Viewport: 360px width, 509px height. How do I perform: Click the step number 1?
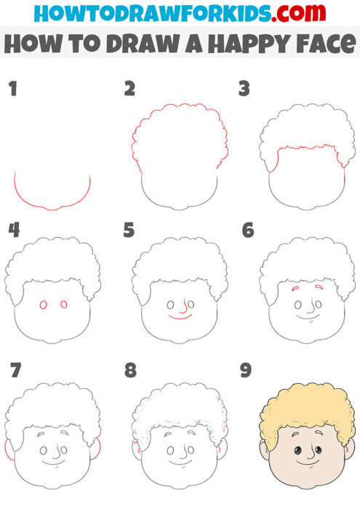coord(12,89)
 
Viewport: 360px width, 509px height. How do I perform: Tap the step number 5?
coord(129,231)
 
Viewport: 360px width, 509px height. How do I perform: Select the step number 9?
coord(246,370)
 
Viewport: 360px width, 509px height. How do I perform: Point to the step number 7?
coord(15,370)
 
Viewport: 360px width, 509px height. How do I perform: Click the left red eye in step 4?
coord(43,305)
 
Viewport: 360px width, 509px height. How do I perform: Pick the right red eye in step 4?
coord(63,305)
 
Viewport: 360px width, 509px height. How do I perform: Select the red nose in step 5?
coord(185,304)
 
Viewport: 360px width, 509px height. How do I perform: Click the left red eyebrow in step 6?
coord(297,289)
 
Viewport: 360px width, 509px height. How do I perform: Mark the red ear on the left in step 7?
coord(8,450)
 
